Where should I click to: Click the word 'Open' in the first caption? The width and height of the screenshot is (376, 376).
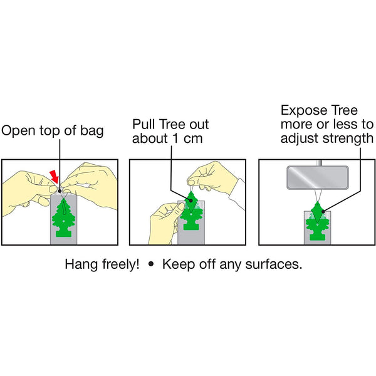pos(18,131)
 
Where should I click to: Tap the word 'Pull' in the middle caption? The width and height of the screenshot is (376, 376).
pos(144,125)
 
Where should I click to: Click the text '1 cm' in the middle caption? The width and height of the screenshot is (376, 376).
pos(187,138)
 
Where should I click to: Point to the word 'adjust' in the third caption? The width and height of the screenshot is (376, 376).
pos(300,138)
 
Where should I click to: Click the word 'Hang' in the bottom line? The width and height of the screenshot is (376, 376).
pos(80,264)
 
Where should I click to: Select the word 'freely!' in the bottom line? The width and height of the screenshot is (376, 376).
pos(118,264)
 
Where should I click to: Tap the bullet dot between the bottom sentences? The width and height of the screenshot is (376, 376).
pos(150,264)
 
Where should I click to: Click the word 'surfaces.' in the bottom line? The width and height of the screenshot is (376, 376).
pos(277,264)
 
